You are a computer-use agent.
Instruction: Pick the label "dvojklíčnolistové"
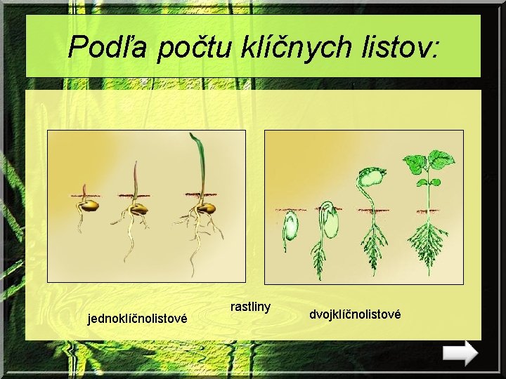pyautogui.click(x=355, y=314)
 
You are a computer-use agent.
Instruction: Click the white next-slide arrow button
pyautogui.click(x=461, y=352)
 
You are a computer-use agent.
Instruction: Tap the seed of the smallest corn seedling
pyautogui.click(x=91, y=205)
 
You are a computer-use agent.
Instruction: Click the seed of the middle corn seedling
pyautogui.click(x=140, y=208)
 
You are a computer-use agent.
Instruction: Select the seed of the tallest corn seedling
pyautogui.click(x=206, y=208)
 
